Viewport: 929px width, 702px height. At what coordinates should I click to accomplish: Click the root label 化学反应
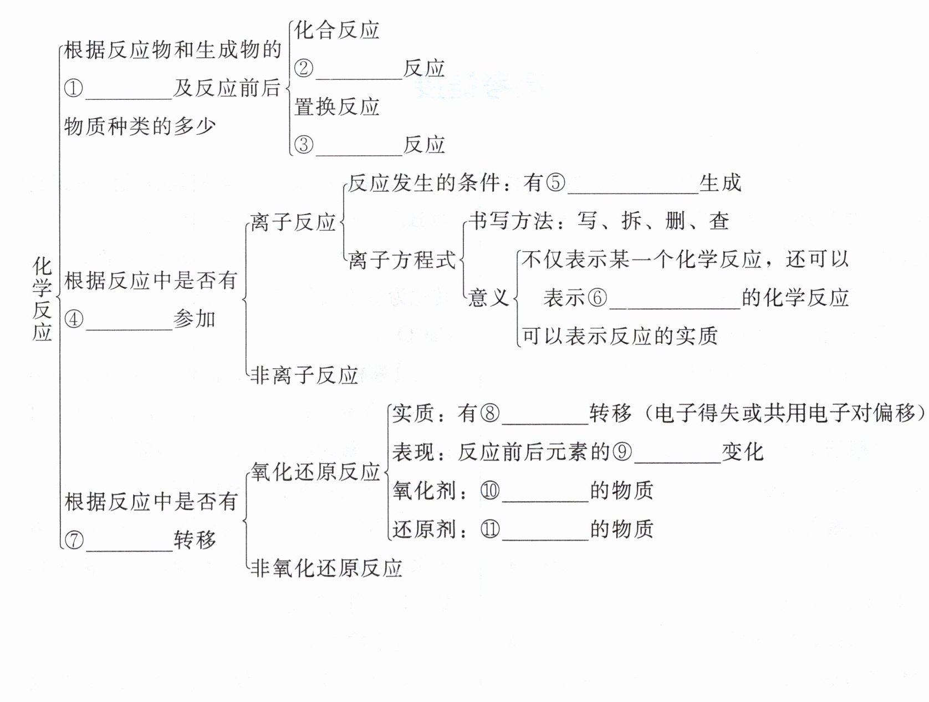point(42,299)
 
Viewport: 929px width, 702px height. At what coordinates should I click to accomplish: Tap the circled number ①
point(74,88)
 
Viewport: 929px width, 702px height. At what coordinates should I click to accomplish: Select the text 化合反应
point(336,30)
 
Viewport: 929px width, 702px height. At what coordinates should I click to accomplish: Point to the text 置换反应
point(336,106)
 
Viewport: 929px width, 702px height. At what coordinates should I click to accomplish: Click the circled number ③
point(304,145)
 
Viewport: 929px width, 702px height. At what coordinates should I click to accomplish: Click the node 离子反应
point(293,222)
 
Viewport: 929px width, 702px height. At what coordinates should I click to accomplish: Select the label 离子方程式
point(402,260)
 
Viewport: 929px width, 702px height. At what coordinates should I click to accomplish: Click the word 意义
point(488,298)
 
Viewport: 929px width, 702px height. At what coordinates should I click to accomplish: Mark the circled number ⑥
point(597,298)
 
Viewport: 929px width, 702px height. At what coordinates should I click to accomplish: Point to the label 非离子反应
point(304,375)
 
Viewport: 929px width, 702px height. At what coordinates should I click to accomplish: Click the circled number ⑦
point(74,540)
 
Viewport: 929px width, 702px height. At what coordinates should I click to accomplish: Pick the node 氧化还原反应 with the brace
point(315,472)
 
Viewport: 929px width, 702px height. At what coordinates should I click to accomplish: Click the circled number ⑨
point(622,452)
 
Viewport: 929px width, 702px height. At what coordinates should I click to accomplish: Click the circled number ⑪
point(490,529)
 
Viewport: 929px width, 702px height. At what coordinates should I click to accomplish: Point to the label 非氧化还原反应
point(326,568)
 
